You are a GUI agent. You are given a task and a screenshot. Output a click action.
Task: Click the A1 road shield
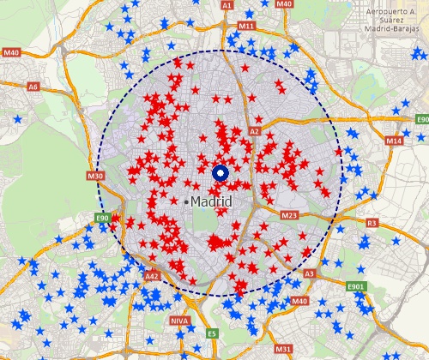point(227,5)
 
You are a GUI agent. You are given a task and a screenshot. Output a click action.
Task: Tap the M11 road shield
point(247,27)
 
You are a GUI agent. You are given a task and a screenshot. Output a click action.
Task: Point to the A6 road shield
point(33,87)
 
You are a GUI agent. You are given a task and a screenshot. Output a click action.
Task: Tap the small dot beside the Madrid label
point(186,201)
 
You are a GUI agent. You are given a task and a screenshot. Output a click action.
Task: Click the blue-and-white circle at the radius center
point(220,173)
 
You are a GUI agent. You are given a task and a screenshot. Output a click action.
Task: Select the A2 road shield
point(254,131)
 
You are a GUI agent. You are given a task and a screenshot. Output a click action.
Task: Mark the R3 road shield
point(372,223)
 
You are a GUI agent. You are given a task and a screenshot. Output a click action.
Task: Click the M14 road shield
point(394,141)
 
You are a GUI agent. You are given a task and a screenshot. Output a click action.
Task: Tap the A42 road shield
point(152,277)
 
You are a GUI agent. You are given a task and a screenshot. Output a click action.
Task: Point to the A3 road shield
point(310,274)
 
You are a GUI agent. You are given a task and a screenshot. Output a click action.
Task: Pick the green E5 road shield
point(212,333)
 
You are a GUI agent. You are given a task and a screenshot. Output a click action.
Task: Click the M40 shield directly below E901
point(299,302)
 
